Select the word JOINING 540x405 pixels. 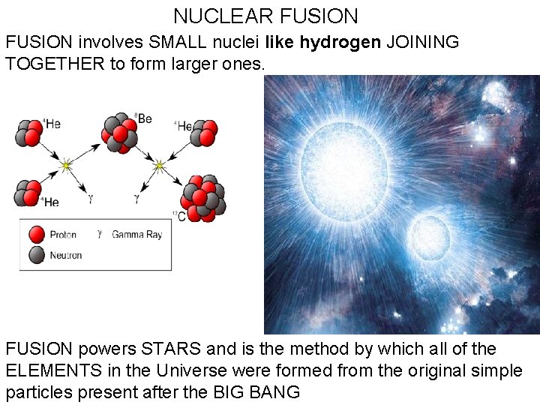click(422, 43)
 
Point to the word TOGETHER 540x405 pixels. click(55, 64)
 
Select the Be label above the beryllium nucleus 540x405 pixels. click(143, 118)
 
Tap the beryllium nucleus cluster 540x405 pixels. click(120, 133)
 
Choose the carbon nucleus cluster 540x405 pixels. click(203, 199)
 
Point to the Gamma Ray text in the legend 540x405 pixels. click(136, 235)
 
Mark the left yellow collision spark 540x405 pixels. click(66, 164)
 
